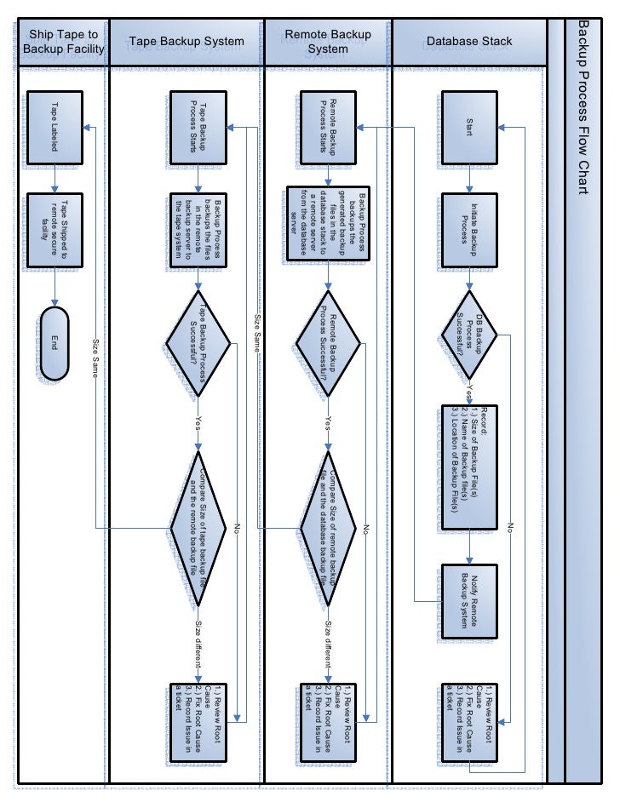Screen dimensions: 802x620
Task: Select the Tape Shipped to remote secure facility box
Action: pos(55,228)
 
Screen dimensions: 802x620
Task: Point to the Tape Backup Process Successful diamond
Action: pos(198,343)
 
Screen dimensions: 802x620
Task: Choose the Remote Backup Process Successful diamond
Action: pos(328,343)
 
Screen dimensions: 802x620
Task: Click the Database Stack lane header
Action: pos(469,41)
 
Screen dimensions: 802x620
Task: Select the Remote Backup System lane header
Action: pos(328,41)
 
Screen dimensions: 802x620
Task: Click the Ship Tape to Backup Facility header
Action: pos(64,41)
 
